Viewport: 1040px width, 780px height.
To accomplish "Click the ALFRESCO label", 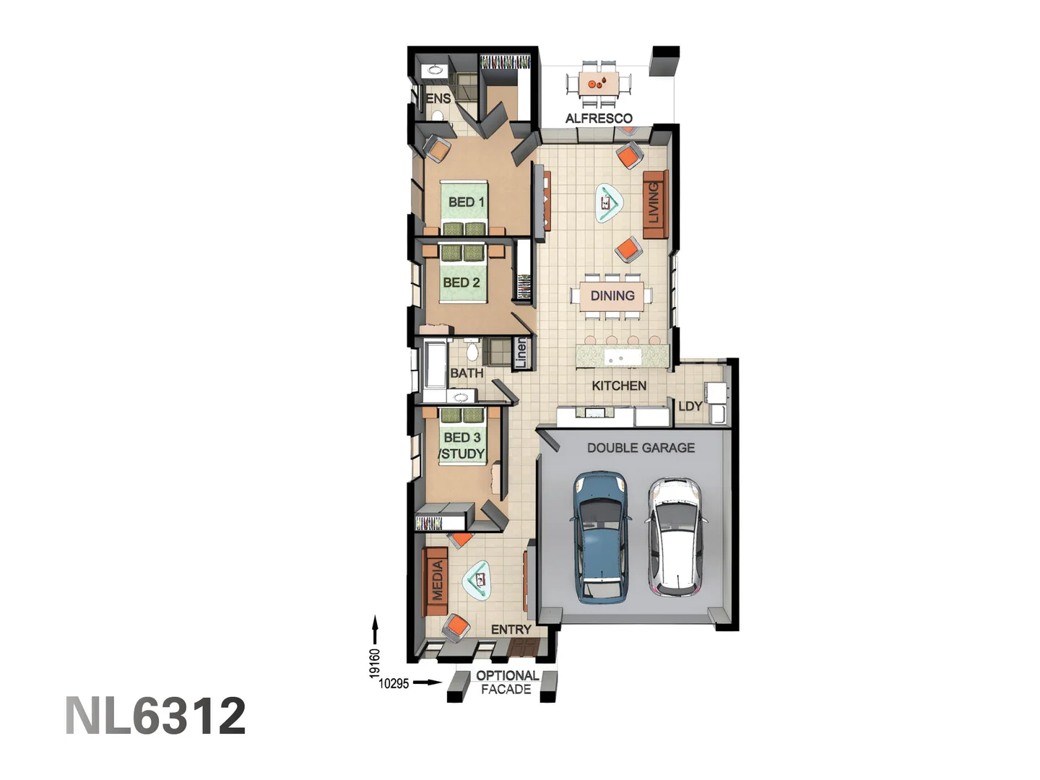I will click(x=599, y=118).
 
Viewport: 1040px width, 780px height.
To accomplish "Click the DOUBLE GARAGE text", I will click(x=641, y=448).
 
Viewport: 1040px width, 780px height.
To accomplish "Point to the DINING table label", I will click(x=612, y=295).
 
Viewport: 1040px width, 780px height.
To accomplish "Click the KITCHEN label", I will click(x=619, y=386).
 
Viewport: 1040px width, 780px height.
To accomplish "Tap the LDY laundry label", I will click(x=690, y=406).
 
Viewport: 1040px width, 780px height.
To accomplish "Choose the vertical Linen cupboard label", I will click(x=521, y=353).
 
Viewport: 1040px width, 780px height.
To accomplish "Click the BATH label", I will click(x=467, y=373).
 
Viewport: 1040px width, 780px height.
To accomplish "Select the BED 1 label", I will click(x=466, y=202).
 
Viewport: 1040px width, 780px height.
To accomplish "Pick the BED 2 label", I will click(x=461, y=282).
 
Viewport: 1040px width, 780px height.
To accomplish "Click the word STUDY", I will click(x=463, y=454).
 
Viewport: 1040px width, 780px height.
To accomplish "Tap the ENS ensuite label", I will click(x=438, y=98).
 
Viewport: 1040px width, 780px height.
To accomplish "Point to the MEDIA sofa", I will click(x=436, y=581).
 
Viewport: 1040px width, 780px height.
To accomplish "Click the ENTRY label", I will click(x=511, y=630).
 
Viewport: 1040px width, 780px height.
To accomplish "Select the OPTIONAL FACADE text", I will click(x=507, y=682).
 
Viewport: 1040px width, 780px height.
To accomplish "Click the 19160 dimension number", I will click(x=374, y=663).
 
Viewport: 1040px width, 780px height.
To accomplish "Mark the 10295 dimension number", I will click(x=394, y=683).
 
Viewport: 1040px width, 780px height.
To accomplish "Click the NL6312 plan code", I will click(x=156, y=716).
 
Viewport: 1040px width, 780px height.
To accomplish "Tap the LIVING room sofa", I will click(x=654, y=204).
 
